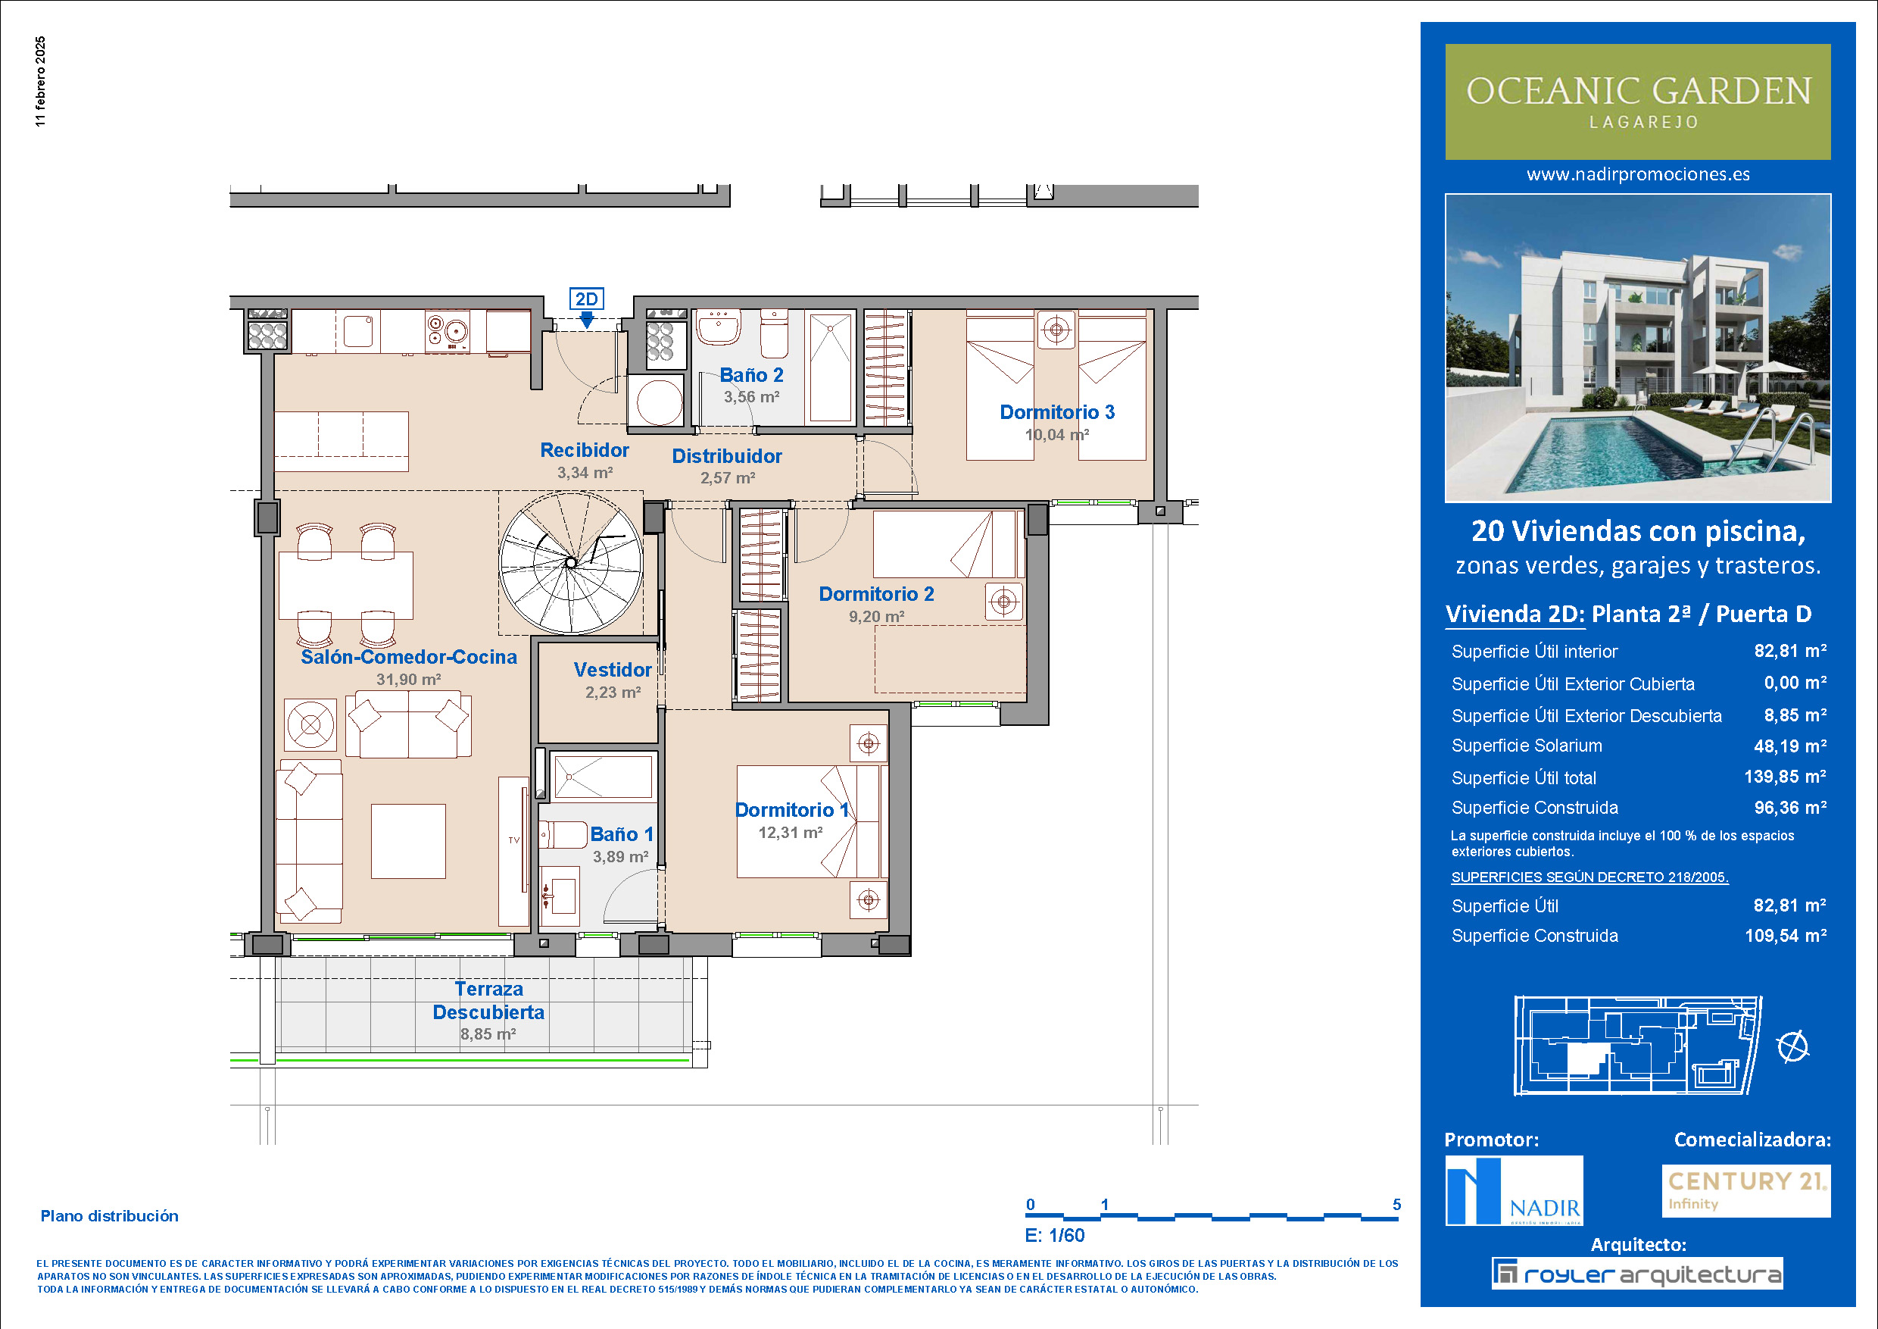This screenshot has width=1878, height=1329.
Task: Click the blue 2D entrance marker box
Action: click(586, 299)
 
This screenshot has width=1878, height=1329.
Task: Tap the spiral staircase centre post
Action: click(570, 563)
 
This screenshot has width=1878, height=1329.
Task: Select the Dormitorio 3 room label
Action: click(1057, 412)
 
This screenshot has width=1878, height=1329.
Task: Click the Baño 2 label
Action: click(751, 376)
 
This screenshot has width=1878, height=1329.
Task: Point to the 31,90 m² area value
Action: click(408, 679)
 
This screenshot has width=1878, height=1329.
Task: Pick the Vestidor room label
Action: click(613, 671)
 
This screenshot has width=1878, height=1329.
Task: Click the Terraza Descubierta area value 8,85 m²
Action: click(488, 1034)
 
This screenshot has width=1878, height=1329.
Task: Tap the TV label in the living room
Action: click(513, 840)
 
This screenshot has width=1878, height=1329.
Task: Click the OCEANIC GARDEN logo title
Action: click(1639, 91)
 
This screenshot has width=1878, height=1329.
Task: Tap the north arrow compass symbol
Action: click(1793, 1046)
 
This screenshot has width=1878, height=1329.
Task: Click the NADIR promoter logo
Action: click(1514, 1190)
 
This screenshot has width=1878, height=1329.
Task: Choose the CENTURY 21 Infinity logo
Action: click(1746, 1190)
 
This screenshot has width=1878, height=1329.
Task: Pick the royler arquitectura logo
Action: click(1636, 1274)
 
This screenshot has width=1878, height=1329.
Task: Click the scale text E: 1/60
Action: click(1054, 1236)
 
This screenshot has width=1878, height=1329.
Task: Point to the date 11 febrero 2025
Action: click(41, 82)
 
